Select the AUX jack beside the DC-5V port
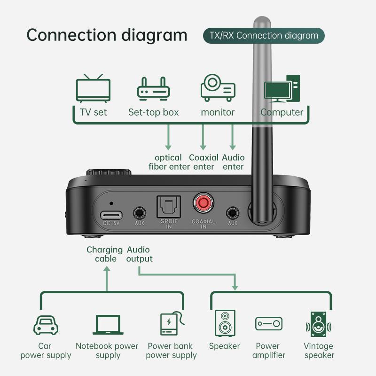tap(139, 212)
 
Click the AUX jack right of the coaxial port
tap(232, 212)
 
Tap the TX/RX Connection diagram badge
tap(264, 36)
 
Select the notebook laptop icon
tap(107, 325)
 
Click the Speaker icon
tap(224, 323)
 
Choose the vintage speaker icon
tap(319, 324)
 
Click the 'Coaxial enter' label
tap(203, 162)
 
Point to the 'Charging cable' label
tap(104, 254)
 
